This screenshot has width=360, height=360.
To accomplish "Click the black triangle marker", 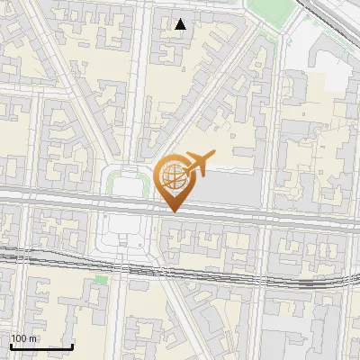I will [x=181, y=24].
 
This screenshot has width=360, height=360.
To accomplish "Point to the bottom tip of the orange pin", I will [x=173, y=211].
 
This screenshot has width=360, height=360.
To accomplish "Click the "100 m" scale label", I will [x=23, y=338].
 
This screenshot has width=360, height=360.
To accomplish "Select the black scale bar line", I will [x=41, y=346].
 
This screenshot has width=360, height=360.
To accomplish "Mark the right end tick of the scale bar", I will [x=73, y=345].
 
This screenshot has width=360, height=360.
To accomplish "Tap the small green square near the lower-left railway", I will [x=102, y=280].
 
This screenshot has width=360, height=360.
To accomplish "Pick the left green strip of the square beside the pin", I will [x=112, y=185].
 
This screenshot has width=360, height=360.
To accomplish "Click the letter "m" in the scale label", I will [x=34, y=338].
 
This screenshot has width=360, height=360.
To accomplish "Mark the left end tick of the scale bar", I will [x=11, y=345].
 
